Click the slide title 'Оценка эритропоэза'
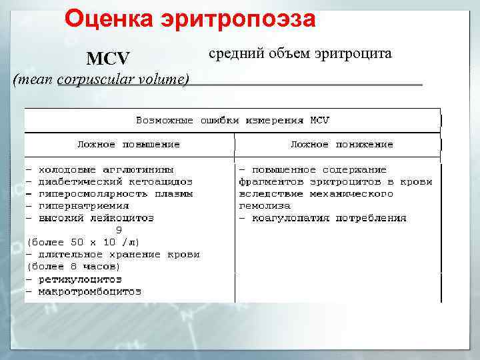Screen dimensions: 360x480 190,19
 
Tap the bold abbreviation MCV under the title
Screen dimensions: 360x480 108,59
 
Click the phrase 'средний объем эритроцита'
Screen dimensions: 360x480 300,53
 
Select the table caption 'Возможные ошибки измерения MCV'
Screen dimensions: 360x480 233,121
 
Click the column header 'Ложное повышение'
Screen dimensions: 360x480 129,144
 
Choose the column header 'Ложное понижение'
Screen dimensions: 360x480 341,144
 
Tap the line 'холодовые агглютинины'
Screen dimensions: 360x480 106,169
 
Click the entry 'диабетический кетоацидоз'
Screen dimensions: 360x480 115,181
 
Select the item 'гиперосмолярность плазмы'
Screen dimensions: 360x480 115,193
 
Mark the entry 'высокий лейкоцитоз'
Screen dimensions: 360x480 96,217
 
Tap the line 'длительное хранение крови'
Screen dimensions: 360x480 119,254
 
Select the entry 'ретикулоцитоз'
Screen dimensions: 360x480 80,279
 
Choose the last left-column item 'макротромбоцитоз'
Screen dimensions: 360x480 90,291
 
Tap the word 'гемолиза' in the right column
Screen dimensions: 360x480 265,205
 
